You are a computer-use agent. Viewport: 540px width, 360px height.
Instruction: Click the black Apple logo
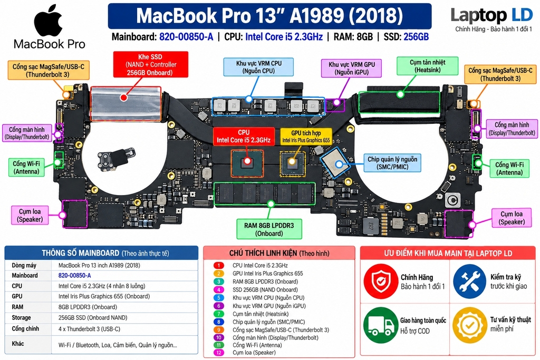(49, 21)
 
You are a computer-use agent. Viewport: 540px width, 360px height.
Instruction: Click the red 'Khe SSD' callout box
(150, 64)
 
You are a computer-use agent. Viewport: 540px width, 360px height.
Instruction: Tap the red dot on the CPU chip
(247, 161)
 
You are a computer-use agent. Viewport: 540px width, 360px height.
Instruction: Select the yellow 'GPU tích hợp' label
(306, 137)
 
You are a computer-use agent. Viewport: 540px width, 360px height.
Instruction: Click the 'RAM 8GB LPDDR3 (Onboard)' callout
(269, 229)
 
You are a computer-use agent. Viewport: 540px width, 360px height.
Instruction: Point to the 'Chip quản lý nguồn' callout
(392, 163)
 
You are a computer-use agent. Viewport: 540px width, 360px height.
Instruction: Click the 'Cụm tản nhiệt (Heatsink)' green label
(427, 66)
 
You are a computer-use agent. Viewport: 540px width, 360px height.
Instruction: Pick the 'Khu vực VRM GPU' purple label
(351, 68)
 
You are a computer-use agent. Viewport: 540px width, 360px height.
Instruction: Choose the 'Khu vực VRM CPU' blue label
(258, 67)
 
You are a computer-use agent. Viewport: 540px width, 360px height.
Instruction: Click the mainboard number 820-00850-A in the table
(75, 275)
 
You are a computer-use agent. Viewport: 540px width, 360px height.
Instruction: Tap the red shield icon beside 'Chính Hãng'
(380, 281)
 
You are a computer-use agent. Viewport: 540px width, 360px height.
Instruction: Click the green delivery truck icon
(380, 325)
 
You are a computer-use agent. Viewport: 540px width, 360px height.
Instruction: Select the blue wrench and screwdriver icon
(469, 281)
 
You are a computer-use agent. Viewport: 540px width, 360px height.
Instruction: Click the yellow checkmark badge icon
(469, 325)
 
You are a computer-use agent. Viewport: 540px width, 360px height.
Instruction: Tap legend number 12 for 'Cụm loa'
(219, 353)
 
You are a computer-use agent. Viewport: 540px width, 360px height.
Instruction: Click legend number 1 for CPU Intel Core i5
(219, 265)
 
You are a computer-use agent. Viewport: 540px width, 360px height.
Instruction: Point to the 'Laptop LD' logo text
(492, 15)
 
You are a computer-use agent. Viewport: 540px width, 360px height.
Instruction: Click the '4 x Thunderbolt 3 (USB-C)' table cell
(89, 329)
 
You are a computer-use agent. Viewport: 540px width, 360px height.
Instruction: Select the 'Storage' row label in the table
(21, 318)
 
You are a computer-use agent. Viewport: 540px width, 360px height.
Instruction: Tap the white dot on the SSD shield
(123, 98)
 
